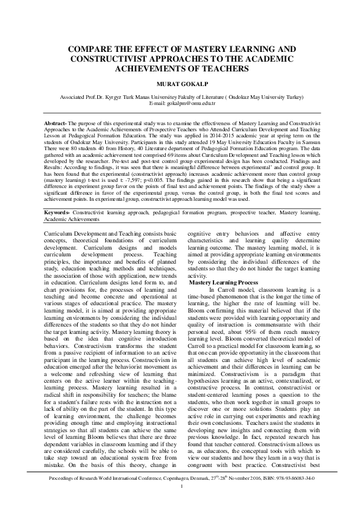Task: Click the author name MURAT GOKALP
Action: (x=182, y=85)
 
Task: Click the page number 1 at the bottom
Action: (x=182, y=504)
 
